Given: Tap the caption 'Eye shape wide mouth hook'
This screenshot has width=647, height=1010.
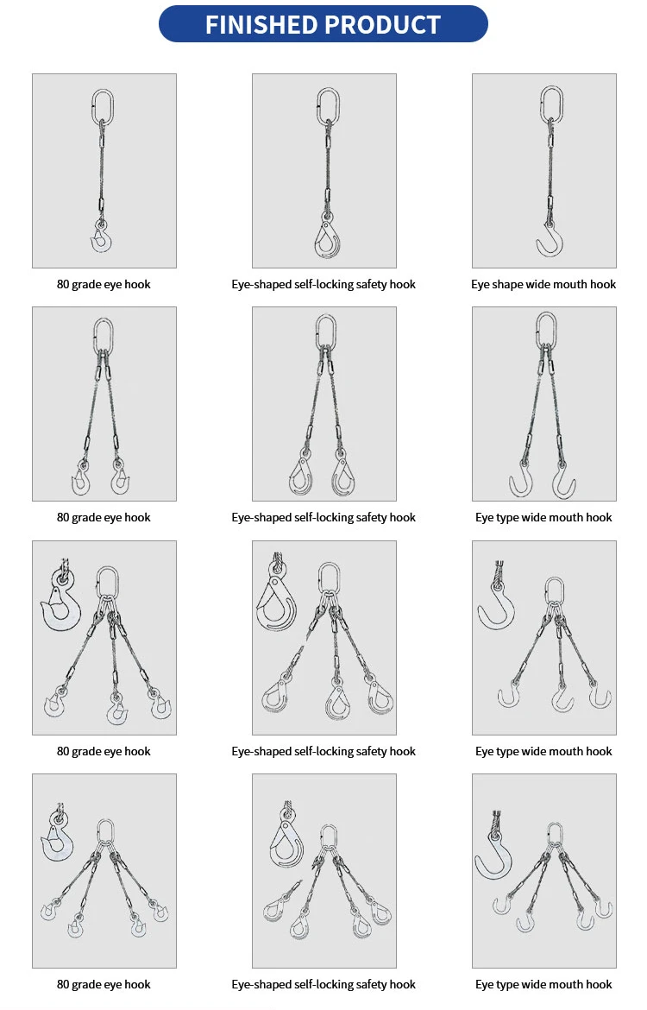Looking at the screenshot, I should click(x=543, y=284).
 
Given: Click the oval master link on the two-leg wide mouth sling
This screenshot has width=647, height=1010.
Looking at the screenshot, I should click(x=545, y=331).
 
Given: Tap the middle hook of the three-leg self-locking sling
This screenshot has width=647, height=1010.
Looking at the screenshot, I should click(x=336, y=701).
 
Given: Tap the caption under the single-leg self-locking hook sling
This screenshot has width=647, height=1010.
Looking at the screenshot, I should click(x=323, y=284).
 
